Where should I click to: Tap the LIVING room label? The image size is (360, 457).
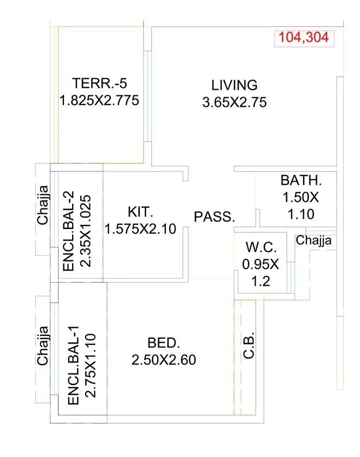click(x=234, y=85)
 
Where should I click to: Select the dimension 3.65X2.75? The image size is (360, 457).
click(x=234, y=103)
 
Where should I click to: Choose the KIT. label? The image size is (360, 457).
click(x=140, y=211)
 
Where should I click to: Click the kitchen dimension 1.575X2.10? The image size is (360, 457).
click(x=140, y=229)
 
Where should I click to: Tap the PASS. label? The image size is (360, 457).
click(x=215, y=217)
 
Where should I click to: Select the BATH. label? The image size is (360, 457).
click(x=301, y=180)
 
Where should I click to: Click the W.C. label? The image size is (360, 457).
click(x=261, y=247)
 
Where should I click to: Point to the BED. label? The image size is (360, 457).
click(x=163, y=343)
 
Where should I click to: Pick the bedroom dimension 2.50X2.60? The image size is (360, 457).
click(x=163, y=360)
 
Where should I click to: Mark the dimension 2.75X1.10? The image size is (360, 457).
click(x=91, y=365)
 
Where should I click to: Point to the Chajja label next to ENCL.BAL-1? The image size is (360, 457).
click(x=42, y=345)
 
